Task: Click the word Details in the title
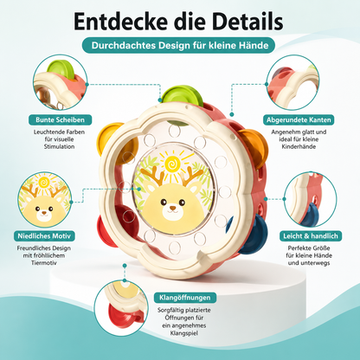249,22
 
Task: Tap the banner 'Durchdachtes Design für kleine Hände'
178,45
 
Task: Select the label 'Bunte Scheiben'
60,119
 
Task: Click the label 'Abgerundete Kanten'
299,119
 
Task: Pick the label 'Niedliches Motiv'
44,236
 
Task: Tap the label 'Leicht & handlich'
311,236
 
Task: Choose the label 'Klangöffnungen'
185,298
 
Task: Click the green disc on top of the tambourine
183,95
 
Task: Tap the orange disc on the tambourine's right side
254,147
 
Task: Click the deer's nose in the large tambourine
172,208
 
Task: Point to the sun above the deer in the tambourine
172,164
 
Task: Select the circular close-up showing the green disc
60,82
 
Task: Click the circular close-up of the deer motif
44,199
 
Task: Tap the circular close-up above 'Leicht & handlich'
311,199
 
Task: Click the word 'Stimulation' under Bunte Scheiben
59,146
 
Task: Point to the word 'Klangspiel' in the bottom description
184,333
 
